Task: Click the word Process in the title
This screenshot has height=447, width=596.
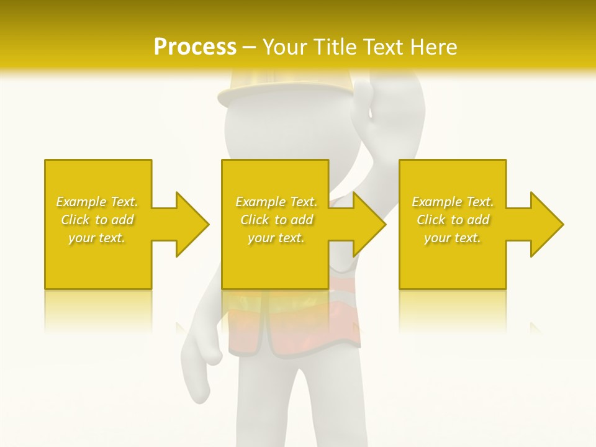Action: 195,47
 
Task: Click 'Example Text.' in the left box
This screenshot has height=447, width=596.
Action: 97,202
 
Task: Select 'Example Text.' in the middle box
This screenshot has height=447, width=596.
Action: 276,202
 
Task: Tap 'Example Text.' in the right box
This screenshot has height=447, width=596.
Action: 453,202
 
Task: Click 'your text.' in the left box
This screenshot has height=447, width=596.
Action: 97,238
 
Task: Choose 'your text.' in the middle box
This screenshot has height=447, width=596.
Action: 276,238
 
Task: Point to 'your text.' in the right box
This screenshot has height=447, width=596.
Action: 453,238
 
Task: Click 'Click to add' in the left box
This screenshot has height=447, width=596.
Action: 97,220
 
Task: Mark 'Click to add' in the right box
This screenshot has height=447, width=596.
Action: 453,220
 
